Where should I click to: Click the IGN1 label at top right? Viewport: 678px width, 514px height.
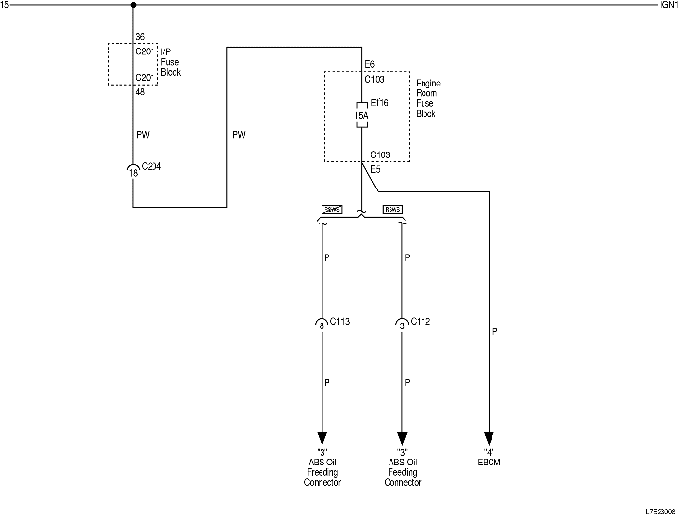[667, 5]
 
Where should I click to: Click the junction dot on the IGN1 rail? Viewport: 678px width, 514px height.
[132, 5]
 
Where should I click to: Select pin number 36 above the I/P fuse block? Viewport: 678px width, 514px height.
[139, 37]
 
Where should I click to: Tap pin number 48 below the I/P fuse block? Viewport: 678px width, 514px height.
[139, 92]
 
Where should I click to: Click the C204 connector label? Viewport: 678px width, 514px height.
[151, 167]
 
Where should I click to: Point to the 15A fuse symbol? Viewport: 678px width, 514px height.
[360, 116]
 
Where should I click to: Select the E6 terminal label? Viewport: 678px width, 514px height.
[369, 65]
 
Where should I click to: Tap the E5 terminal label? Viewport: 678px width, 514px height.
[374, 170]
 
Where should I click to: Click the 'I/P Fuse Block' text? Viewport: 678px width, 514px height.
[169, 62]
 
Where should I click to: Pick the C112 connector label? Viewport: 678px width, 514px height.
[421, 321]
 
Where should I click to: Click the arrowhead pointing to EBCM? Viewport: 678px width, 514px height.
[489, 436]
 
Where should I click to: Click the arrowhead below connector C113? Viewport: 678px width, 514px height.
[322, 436]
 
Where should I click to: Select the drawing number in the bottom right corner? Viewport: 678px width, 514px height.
[657, 508]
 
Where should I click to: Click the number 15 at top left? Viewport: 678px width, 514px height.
[6, 5]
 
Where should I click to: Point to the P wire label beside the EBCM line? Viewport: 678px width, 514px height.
[495, 331]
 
